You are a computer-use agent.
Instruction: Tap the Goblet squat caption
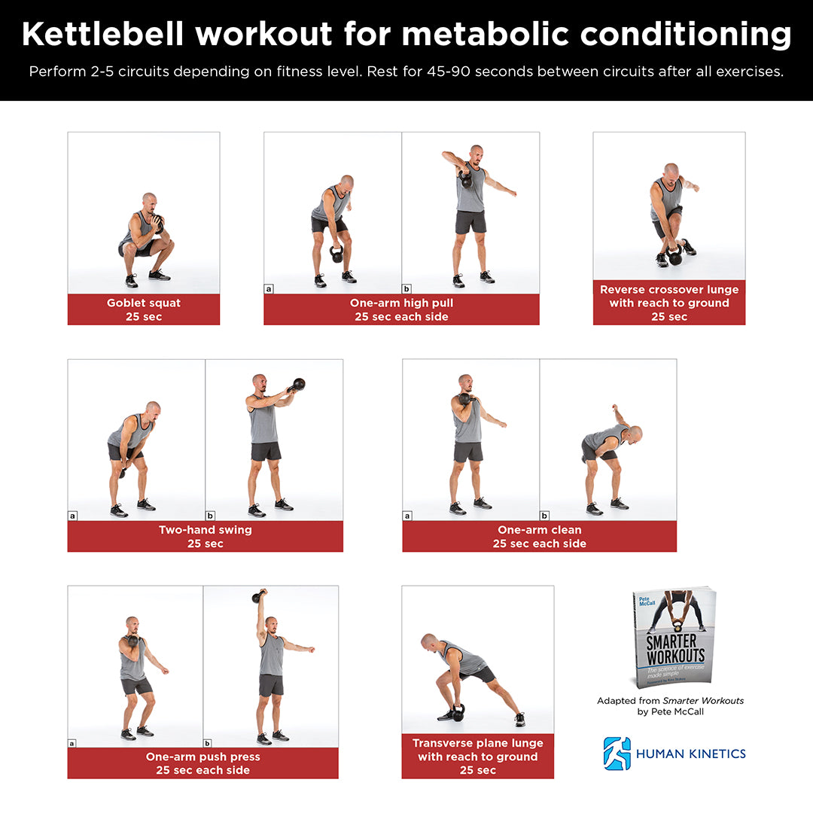[x=143, y=309]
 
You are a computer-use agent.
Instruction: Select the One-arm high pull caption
[x=401, y=309]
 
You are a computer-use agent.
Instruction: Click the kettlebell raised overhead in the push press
[x=258, y=597]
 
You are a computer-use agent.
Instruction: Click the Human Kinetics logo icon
[x=617, y=753]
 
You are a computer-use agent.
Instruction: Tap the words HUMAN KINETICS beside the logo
[x=691, y=754]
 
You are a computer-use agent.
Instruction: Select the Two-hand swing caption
[x=205, y=536]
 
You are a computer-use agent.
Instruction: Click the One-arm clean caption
[x=539, y=536]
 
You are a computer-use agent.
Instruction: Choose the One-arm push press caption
[x=202, y=763]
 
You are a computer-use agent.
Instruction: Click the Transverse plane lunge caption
[x=477, y=756]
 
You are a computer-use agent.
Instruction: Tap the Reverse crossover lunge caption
[x=668, y=303]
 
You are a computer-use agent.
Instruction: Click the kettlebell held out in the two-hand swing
[x=298, y=385]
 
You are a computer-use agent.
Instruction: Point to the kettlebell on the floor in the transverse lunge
[x=458, y=711]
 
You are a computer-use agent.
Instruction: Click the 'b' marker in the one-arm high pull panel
[x=407, y=288]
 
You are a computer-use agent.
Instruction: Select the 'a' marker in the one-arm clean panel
[x=408, y=516]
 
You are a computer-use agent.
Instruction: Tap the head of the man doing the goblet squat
[x=149, y=201]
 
